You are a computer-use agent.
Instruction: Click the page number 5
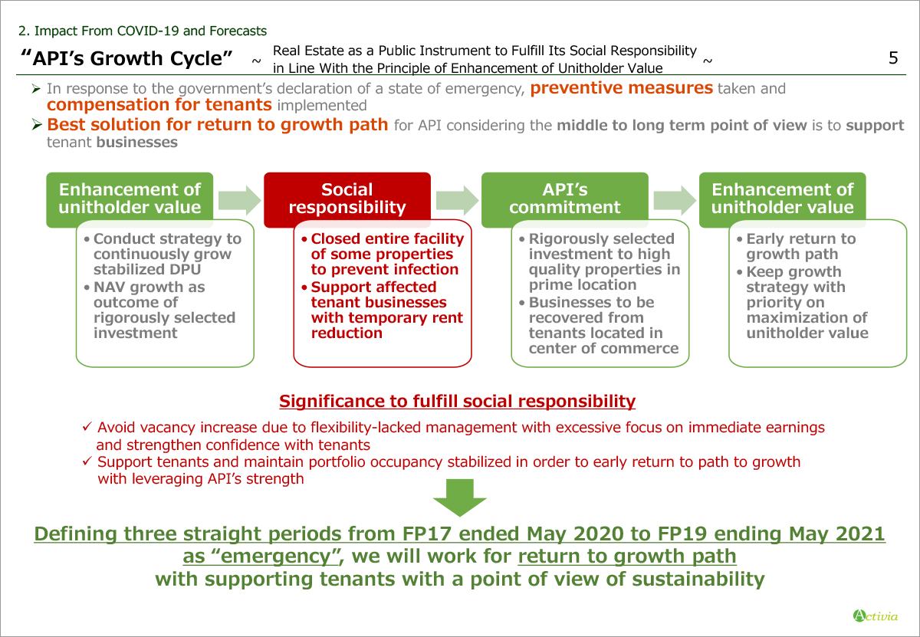tap(893, 58)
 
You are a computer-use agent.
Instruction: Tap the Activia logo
tap(876, 616)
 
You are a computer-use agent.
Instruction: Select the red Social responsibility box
tap(347, 199)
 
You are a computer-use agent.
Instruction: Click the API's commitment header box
tap(565, 199)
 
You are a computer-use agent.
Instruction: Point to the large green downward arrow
tap(459, 497)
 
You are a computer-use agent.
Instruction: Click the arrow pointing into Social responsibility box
tap(239, 200)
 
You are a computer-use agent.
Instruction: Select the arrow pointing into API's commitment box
tap(457, 200)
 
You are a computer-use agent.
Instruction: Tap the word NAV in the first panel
tap(109, 287)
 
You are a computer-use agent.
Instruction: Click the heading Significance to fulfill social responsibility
tap(457, 401)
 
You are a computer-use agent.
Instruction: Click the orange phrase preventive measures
tap(622, 88)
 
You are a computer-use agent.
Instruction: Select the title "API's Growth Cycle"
tap(127, 58)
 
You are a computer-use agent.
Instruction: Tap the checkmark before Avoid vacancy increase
tap(87, 426)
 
